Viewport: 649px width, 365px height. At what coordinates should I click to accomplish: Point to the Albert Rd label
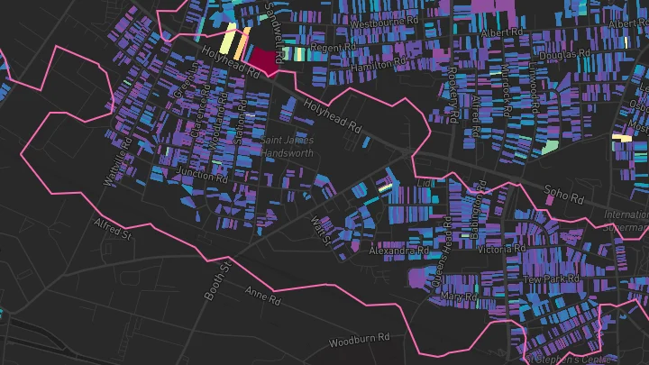502,33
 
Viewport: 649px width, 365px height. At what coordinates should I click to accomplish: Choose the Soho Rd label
566,193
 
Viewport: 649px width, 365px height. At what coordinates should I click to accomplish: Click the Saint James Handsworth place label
288,147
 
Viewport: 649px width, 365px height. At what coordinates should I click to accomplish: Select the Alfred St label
114,231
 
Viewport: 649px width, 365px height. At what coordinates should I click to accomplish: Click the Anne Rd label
264,294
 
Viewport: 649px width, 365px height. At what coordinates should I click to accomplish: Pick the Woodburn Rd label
358,342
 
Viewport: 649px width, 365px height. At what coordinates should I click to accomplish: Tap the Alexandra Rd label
398,250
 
